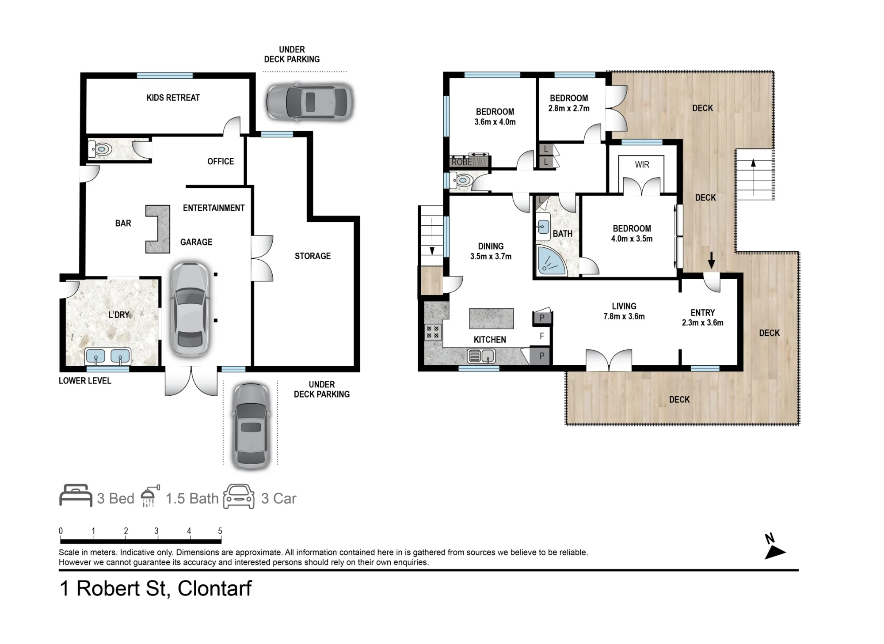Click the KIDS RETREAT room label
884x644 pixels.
click(173, 98)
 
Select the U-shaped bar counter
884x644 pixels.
click(158, 229)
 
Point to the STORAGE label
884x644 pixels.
click(312, 256)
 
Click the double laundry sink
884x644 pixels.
click(108, 356)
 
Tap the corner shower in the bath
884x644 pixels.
click(550, 261)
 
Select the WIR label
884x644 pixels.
click(642, 165)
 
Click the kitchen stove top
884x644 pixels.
click(433, 332)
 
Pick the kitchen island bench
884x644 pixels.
click(492, 318)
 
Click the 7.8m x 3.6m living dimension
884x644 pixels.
click(624, 316)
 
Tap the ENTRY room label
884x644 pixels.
click(703, 313)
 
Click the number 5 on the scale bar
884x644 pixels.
click(220, 531)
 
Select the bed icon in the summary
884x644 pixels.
click(76, 496)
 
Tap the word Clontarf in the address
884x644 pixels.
click(214, 588)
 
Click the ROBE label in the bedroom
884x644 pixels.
click(461, 162)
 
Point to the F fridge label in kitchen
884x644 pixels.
click(542, 337)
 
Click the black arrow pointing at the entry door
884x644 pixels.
click(711, 260)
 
